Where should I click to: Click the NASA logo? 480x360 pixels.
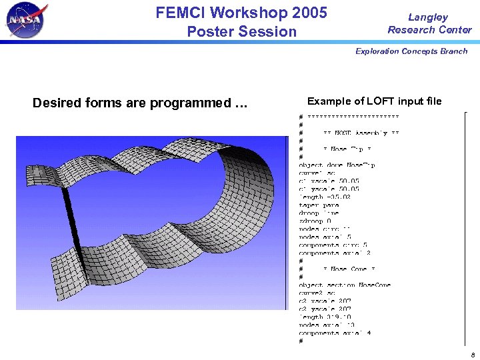[x=27, y=21]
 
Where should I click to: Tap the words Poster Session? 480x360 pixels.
[x=241, y=31]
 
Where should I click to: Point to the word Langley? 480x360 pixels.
[x=428, y=17]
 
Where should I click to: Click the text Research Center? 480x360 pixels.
[x=429, y=30]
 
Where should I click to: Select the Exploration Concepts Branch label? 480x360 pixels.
[x=411, y=51]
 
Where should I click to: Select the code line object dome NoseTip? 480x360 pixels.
[x=337, y=165]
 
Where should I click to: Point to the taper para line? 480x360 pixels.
[x=319, y=205]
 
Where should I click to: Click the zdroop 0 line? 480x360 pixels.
[x=315, y=221]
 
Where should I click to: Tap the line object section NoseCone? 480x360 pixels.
[x=345, y=285]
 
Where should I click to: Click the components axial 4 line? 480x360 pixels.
[x=335, y=333]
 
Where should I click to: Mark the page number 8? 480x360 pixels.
[x=471, y=353]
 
